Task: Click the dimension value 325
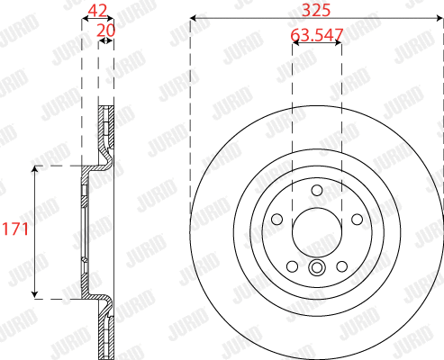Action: pyautogui.click(x=316, y=10)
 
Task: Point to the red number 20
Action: pyautogui.click(x=105, y=30)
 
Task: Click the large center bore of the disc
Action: pyautogui.click(x=316, y=231)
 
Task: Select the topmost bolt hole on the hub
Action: pyautogui.click(x=316, y=191)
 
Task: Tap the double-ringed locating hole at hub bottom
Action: pyautogui.click(x=316, y=267)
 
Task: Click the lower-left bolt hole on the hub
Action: pyautogui.click(x=292, y=265)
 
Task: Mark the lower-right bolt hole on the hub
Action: pyautogui.click(x=340, y=265)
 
